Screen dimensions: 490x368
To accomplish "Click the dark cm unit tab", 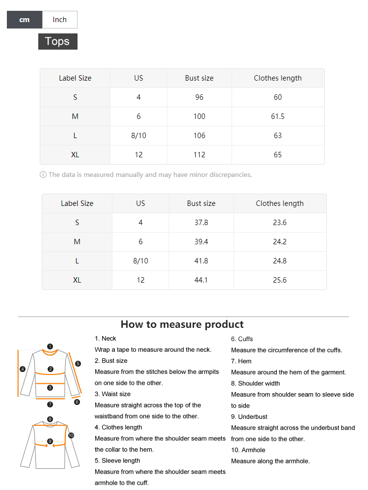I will point(25,20).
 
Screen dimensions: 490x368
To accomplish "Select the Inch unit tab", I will point(59,20).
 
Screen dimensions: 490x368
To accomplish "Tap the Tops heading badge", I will point(57,41).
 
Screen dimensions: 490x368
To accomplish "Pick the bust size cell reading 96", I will point(199,97).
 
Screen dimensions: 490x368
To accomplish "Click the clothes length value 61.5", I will point(278,116).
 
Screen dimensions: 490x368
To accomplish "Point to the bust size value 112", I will point(199,155).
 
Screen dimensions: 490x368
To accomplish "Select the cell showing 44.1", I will point(201,280).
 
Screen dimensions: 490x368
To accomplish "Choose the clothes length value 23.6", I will point(280,223).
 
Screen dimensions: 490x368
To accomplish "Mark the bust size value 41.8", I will point(201,261).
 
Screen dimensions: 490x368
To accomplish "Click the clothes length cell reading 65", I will point(278,155).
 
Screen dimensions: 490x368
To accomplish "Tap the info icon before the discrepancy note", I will point(43,174).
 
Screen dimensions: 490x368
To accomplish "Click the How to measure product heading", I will point(182,324).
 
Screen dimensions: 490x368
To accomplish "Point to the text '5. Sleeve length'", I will point(117,461).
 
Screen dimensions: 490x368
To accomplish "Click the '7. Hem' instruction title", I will point(241,361).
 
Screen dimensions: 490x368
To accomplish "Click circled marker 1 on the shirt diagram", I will point(50,346).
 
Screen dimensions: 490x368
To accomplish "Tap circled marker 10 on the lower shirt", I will point(71,435).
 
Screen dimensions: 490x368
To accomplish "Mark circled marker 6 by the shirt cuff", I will point(77,402).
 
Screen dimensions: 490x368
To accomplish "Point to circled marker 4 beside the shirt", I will point(23,369).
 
